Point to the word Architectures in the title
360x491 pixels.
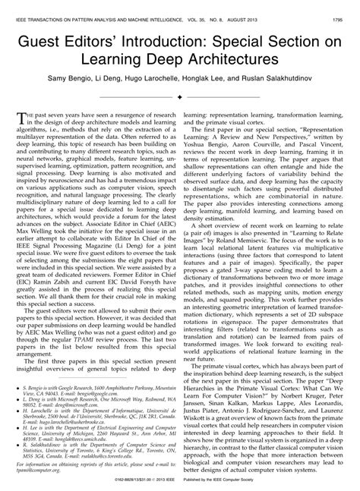pos(230,57)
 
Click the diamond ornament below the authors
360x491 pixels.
pos(179,98)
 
